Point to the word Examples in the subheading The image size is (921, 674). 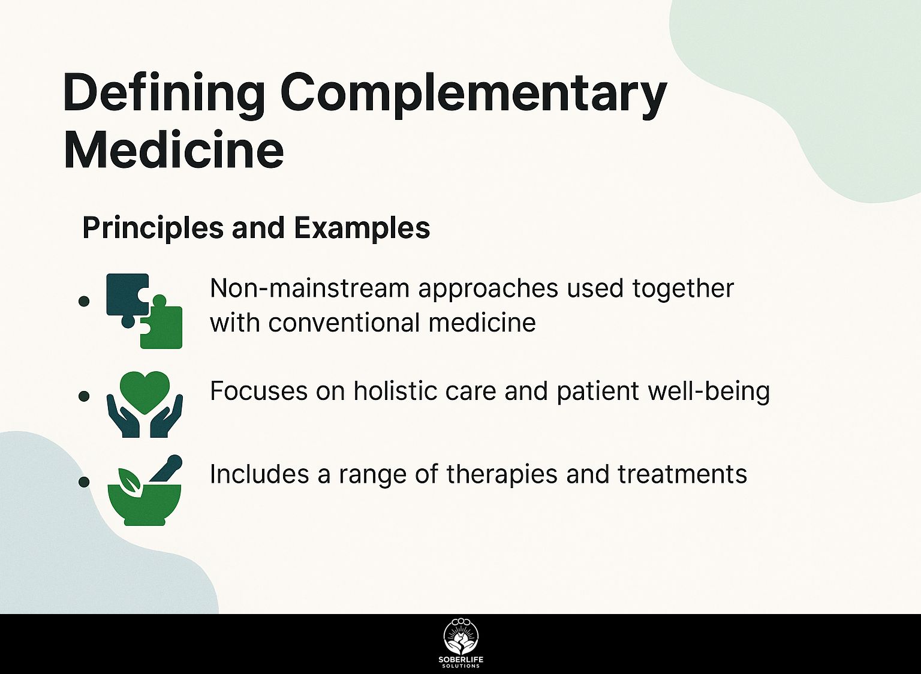[362, 228]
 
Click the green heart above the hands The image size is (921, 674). [145, 391]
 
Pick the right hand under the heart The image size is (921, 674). [167, 417]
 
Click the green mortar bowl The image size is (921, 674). [145, 504]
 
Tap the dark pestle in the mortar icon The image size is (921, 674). [167, 468]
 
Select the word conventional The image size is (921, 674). [344, 323]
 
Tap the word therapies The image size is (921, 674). [502, 474]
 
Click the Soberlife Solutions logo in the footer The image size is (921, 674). [461, 643]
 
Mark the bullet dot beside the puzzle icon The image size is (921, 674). [84, 300]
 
